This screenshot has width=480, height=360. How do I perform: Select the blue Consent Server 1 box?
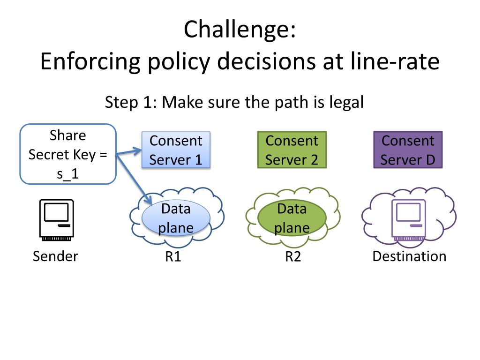tap(176, 150)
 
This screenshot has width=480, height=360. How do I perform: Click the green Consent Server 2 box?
tap(292, 150)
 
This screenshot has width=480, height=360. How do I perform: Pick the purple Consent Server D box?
tap(408, 150)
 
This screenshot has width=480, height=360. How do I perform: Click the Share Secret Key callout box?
tap(68, 154)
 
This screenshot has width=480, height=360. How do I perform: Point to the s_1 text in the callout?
tap(68, 174)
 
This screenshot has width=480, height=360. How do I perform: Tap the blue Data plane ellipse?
tap(176, 218)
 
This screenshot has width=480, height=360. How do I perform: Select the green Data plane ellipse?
tap(292, 218)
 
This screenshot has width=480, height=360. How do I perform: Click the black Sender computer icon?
tap(57, 220)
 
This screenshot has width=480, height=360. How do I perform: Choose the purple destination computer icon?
tap(409, 220)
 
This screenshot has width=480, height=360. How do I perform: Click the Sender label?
tap(55, 256)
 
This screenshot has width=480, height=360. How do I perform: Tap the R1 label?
tap(173, 256)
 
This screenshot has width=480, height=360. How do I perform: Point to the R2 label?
tap(293, 256)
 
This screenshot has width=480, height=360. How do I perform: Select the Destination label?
tap(409, 256)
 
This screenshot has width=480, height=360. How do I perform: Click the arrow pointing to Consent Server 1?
tap(129, 152)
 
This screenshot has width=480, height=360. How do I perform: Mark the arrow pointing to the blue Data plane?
tap(134, 180)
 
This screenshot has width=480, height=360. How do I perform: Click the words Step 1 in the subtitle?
tap(131, 102)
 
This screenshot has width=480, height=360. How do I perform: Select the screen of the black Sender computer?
tap(56, 212)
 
